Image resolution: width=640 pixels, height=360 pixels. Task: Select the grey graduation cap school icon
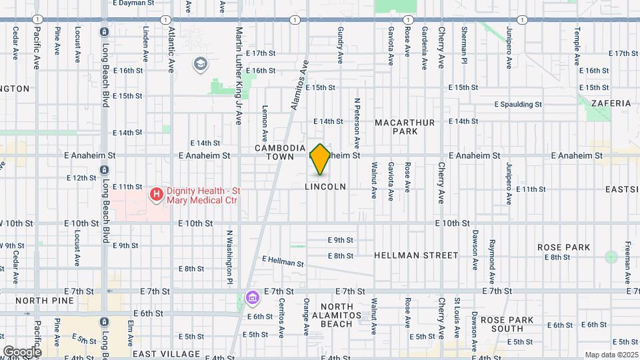[199, 64]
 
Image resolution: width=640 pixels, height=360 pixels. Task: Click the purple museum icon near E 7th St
[252, 297]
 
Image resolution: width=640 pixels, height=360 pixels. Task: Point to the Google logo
[22, 351]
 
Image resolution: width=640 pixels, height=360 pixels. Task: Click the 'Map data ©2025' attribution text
[611, 355]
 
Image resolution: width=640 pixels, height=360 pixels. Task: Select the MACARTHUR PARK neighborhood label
[405, 127]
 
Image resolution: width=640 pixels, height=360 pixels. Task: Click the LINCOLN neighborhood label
[325, 187]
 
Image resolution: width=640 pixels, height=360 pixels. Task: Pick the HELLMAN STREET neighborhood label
[416, 255]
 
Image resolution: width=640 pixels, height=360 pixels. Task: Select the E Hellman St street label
[283, 261]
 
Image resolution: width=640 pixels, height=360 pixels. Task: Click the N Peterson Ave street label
[357, 123]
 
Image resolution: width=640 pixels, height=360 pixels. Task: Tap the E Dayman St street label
[133, 3]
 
